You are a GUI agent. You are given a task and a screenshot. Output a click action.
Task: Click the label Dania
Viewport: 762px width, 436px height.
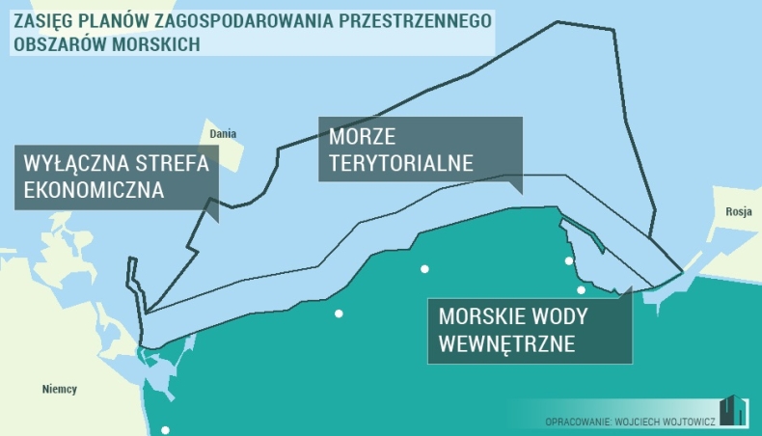tap(223, 134)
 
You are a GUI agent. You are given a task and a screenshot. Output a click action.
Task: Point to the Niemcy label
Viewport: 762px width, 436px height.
tap(60, 390)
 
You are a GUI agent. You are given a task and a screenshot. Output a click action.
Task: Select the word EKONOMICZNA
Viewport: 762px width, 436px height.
tap(91, 190)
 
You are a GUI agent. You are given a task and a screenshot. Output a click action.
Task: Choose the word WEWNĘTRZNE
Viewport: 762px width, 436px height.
tap(506, 342)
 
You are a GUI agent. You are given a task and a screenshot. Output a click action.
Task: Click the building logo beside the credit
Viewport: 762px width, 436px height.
tap(732, 410)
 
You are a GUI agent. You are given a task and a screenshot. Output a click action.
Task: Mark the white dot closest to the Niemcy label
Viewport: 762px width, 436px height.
tap(165, 430)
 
